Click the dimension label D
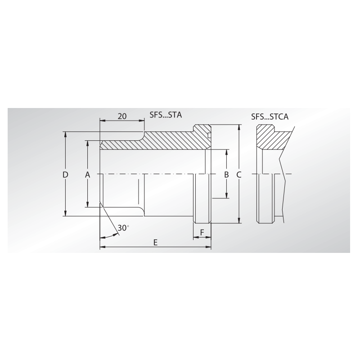pos(65,174)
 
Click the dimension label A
pos(88,174)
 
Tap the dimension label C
pos(239,174)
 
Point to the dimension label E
pos(155,242)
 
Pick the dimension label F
pos(202,232)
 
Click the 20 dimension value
pos(121,116)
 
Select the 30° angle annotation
pos(122,228)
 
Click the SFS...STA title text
pos(166,115)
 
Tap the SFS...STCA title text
pos(270,117)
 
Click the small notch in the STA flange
pos(209,134)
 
